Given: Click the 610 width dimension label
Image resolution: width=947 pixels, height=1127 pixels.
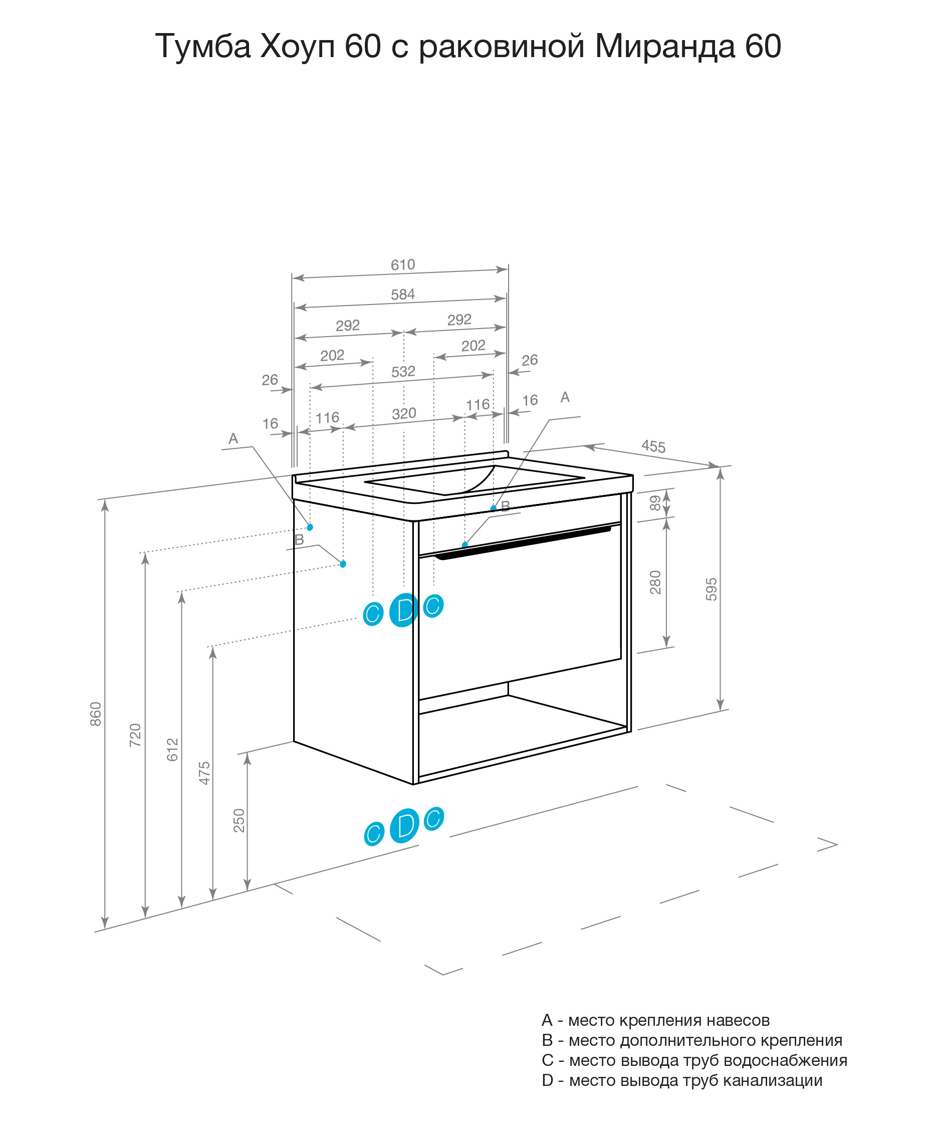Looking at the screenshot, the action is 403,264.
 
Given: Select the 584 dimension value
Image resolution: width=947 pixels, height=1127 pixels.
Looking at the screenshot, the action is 403,294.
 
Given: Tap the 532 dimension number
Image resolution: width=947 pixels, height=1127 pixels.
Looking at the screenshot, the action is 403,371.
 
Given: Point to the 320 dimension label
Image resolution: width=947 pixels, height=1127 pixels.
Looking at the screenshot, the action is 404,413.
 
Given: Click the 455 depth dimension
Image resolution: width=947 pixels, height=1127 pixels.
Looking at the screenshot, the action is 653,446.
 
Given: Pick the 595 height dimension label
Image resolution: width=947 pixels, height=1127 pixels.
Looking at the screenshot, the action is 712,589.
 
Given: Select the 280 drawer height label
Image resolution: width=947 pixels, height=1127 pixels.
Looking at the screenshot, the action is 655,582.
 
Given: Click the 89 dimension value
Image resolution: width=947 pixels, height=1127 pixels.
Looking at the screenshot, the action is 655,503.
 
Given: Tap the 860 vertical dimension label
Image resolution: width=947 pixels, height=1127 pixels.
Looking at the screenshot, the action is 96,714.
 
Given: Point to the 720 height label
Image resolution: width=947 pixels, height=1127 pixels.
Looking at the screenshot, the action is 135,735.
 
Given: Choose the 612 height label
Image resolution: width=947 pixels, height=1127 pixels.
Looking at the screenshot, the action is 172,749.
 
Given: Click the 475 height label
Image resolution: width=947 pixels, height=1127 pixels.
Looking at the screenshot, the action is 204,773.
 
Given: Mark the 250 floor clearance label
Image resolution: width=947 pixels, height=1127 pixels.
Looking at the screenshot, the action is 239,820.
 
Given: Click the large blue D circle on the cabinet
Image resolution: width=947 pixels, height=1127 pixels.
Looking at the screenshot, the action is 404,610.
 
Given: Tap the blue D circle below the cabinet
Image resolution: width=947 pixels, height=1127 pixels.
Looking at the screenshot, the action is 405,825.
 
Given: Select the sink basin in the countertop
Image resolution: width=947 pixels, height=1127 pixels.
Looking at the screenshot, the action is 474,479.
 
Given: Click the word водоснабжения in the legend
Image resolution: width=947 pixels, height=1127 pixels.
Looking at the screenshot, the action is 786,1060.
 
